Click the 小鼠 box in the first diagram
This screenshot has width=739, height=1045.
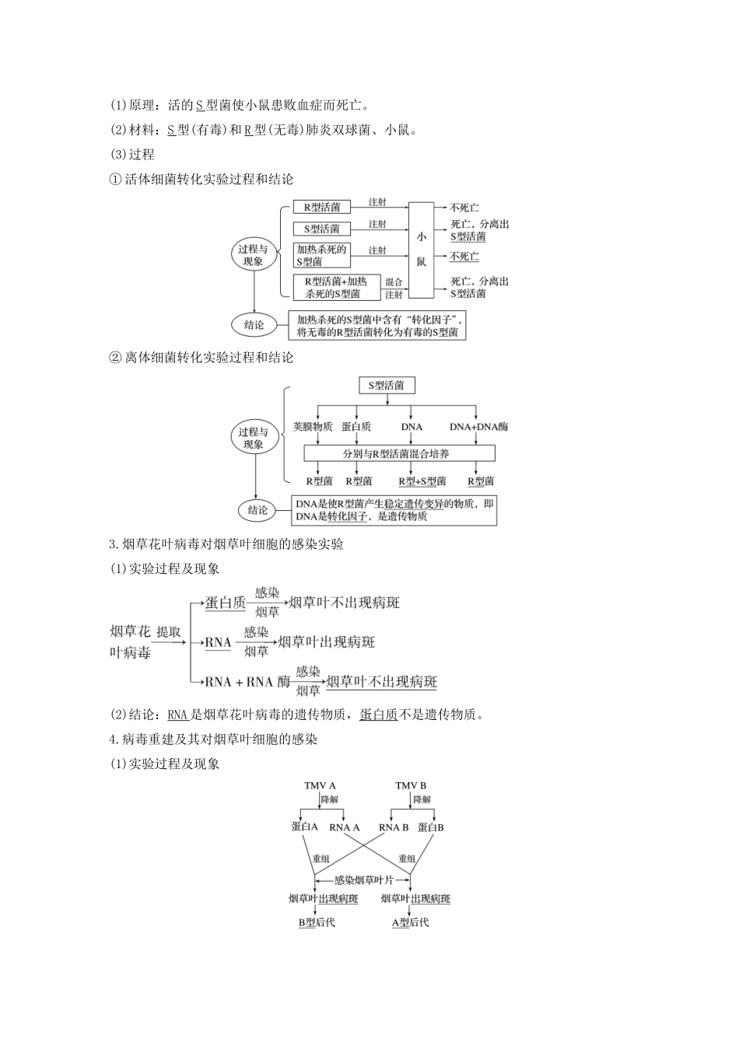[421, 250]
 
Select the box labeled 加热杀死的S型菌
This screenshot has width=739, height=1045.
[321, 256]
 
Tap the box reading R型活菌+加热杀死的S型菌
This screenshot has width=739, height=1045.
[335, 287]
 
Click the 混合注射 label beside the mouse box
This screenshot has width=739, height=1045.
[394, 288]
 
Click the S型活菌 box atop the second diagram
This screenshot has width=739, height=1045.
[386, 385]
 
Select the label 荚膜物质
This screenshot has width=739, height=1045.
[313, 426]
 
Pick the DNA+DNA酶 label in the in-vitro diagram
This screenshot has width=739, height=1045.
[478, 426]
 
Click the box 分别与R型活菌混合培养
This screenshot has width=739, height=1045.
[399, 453]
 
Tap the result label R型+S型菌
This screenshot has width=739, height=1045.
[422, 481]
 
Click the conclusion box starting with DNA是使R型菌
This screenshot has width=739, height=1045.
[394, 510]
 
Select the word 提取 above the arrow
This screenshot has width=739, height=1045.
[168, 631]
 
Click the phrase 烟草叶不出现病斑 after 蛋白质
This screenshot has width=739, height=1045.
[344, 603]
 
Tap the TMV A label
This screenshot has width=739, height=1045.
[320, 785]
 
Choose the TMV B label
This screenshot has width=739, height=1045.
[411, 785]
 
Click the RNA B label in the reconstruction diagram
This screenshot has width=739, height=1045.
[394, 827]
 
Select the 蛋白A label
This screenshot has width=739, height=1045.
[305, 827]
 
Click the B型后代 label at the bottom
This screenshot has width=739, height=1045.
[317, 922]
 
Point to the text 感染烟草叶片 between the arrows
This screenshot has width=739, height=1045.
[364, 880]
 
